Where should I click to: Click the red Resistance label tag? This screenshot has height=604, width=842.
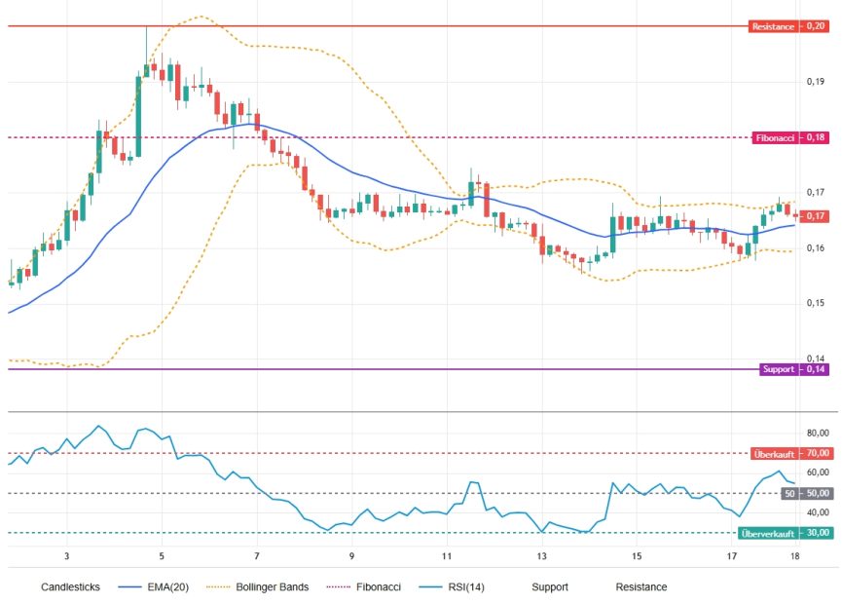[773, 26]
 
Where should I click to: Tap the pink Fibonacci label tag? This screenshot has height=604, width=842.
[774, 137]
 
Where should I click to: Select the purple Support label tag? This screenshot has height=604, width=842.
[778, 369]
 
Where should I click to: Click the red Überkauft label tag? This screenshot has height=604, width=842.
[774, 454]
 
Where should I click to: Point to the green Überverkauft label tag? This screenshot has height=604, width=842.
[768, 533]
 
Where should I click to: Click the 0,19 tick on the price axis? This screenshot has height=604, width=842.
[815, 82]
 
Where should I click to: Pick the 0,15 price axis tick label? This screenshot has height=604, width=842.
[815, 303]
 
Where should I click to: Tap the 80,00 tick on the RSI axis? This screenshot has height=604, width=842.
[818, 434]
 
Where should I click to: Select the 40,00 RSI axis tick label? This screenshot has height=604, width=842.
[818, 512]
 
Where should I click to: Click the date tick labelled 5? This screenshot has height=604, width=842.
[162, 556]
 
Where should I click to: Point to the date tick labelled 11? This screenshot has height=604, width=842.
[447, 556]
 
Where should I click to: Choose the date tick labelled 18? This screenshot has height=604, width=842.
[794, 556]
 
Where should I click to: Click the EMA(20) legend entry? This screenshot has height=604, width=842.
[154, 586]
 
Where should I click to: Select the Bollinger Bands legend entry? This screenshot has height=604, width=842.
[258, 586]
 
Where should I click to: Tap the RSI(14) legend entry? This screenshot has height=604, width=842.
[452, 586]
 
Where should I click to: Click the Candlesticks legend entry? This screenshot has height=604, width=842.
[70, 586]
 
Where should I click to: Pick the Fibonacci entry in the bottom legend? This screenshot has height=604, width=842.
[364, 586]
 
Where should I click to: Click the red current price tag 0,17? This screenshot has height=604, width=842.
[814, 216]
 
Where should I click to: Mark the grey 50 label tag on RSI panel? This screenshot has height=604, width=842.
[789, 493]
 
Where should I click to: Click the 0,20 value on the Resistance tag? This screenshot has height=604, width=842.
[815, 26]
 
